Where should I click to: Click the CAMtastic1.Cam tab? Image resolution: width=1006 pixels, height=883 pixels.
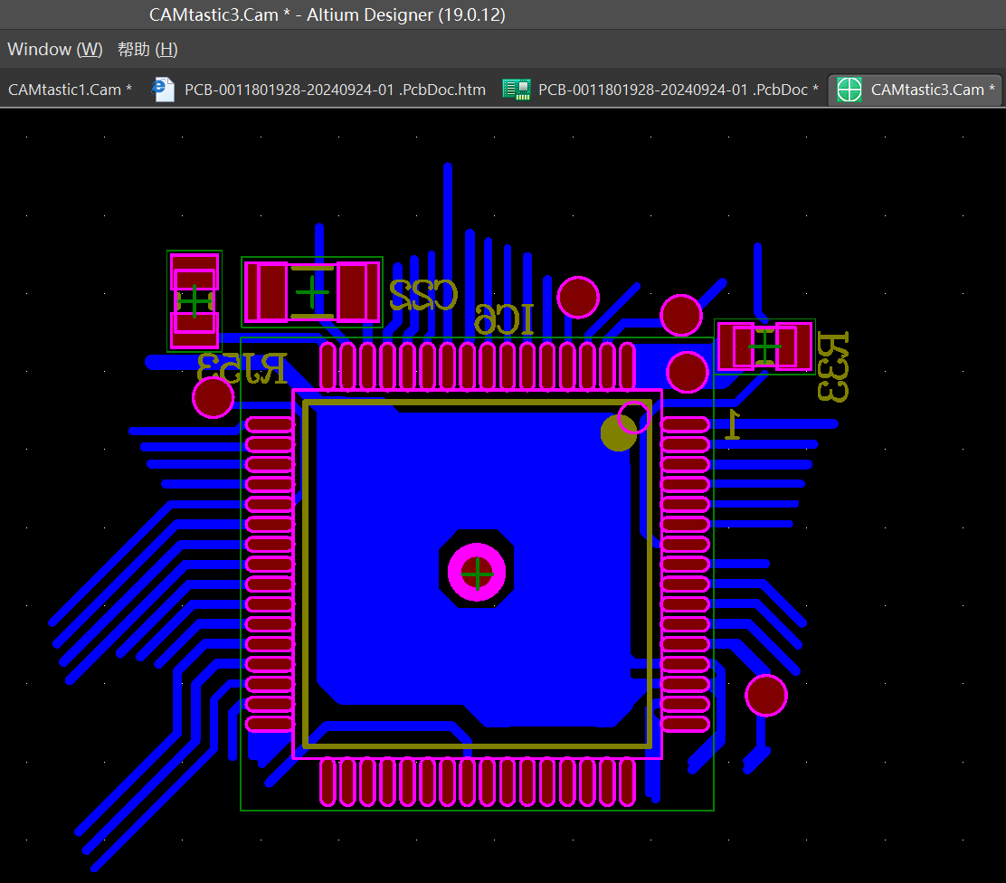click(x=70, y=90)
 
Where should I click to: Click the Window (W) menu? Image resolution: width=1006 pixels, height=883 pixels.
click(x=55, y=50)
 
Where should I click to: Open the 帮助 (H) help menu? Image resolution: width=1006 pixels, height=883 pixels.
click(x=147, y=50)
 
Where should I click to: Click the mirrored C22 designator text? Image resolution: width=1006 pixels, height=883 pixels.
click(x=423, y=295)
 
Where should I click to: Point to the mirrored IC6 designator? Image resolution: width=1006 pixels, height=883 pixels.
click(x=504, y=319)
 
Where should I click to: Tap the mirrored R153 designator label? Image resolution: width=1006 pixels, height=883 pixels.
click(x=242, y=367)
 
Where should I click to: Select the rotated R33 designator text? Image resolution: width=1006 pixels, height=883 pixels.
click(x=833, y=367)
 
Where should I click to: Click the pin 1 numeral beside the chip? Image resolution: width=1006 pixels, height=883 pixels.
click(x=732, y=424)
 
